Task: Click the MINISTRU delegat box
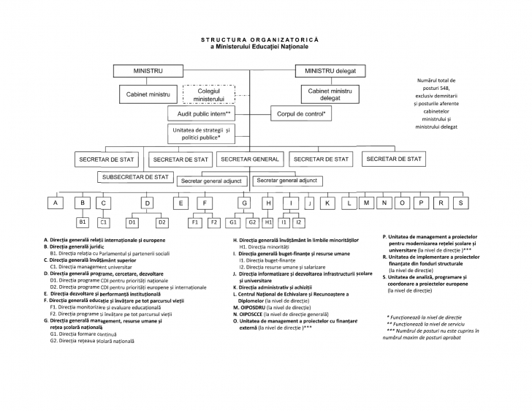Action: tap(330, 71)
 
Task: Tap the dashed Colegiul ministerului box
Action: tap(209, 94)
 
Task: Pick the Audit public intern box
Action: tap(204, 115)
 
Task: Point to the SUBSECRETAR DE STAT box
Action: tap(135, 177)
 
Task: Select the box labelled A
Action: tap(56, 203)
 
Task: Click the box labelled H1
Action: tap(269, 221)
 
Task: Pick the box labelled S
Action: tap(460, 202)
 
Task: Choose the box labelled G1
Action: tap(234, 221)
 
